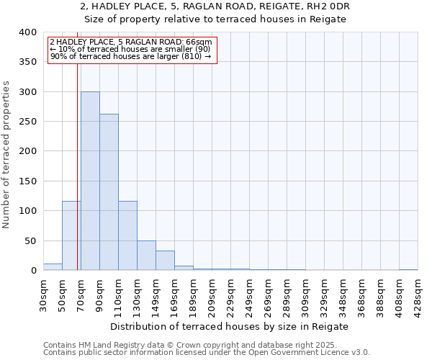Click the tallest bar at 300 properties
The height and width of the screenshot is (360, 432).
[90, 181]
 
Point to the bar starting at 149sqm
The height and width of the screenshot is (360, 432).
[165, 261]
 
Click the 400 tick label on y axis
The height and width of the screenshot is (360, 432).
[28, 32]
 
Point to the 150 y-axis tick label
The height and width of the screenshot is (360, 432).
[28, 181]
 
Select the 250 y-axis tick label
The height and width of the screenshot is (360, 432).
[28, 122]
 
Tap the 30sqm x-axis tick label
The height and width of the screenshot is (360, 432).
[43, 294]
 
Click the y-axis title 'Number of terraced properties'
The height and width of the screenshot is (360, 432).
[7, 155]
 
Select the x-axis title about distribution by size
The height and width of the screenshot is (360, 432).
[230, 326]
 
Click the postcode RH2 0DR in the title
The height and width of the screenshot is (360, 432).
[328, 6]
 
